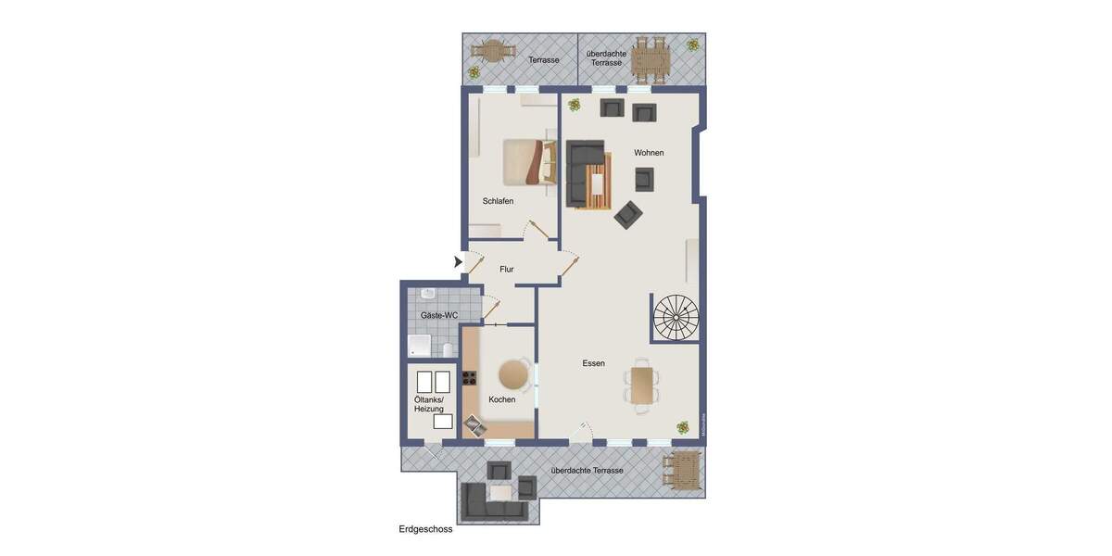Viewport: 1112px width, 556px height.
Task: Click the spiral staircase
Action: tap(676, 317)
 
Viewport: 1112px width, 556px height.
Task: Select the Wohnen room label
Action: tap(649, 153)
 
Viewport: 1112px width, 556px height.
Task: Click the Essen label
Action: tap(594, 363)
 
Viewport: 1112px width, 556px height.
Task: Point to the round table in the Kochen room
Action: tap(513, 374)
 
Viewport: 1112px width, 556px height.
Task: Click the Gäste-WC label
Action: tap(439, 315)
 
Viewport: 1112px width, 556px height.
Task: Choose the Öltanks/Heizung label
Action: tap(429, 404)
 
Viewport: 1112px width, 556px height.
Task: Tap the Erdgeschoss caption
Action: tap(425, 529)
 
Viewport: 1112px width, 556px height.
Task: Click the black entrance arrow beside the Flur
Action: tap(458, 262)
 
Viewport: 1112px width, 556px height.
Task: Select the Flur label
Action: tap(507, 270)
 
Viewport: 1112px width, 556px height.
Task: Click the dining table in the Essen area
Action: tap(642, 385)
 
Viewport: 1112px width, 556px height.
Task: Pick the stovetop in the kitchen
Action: tap(469, 377)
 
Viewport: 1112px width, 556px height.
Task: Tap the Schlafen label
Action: tap(498, 201)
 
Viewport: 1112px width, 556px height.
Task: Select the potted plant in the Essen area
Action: tap(683, 427)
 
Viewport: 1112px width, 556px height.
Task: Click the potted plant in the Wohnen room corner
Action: tap(575, 105)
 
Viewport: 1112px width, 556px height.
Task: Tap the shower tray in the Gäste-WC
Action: tap(420, 347)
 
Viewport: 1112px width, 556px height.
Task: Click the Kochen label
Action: tap(502, 399)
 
